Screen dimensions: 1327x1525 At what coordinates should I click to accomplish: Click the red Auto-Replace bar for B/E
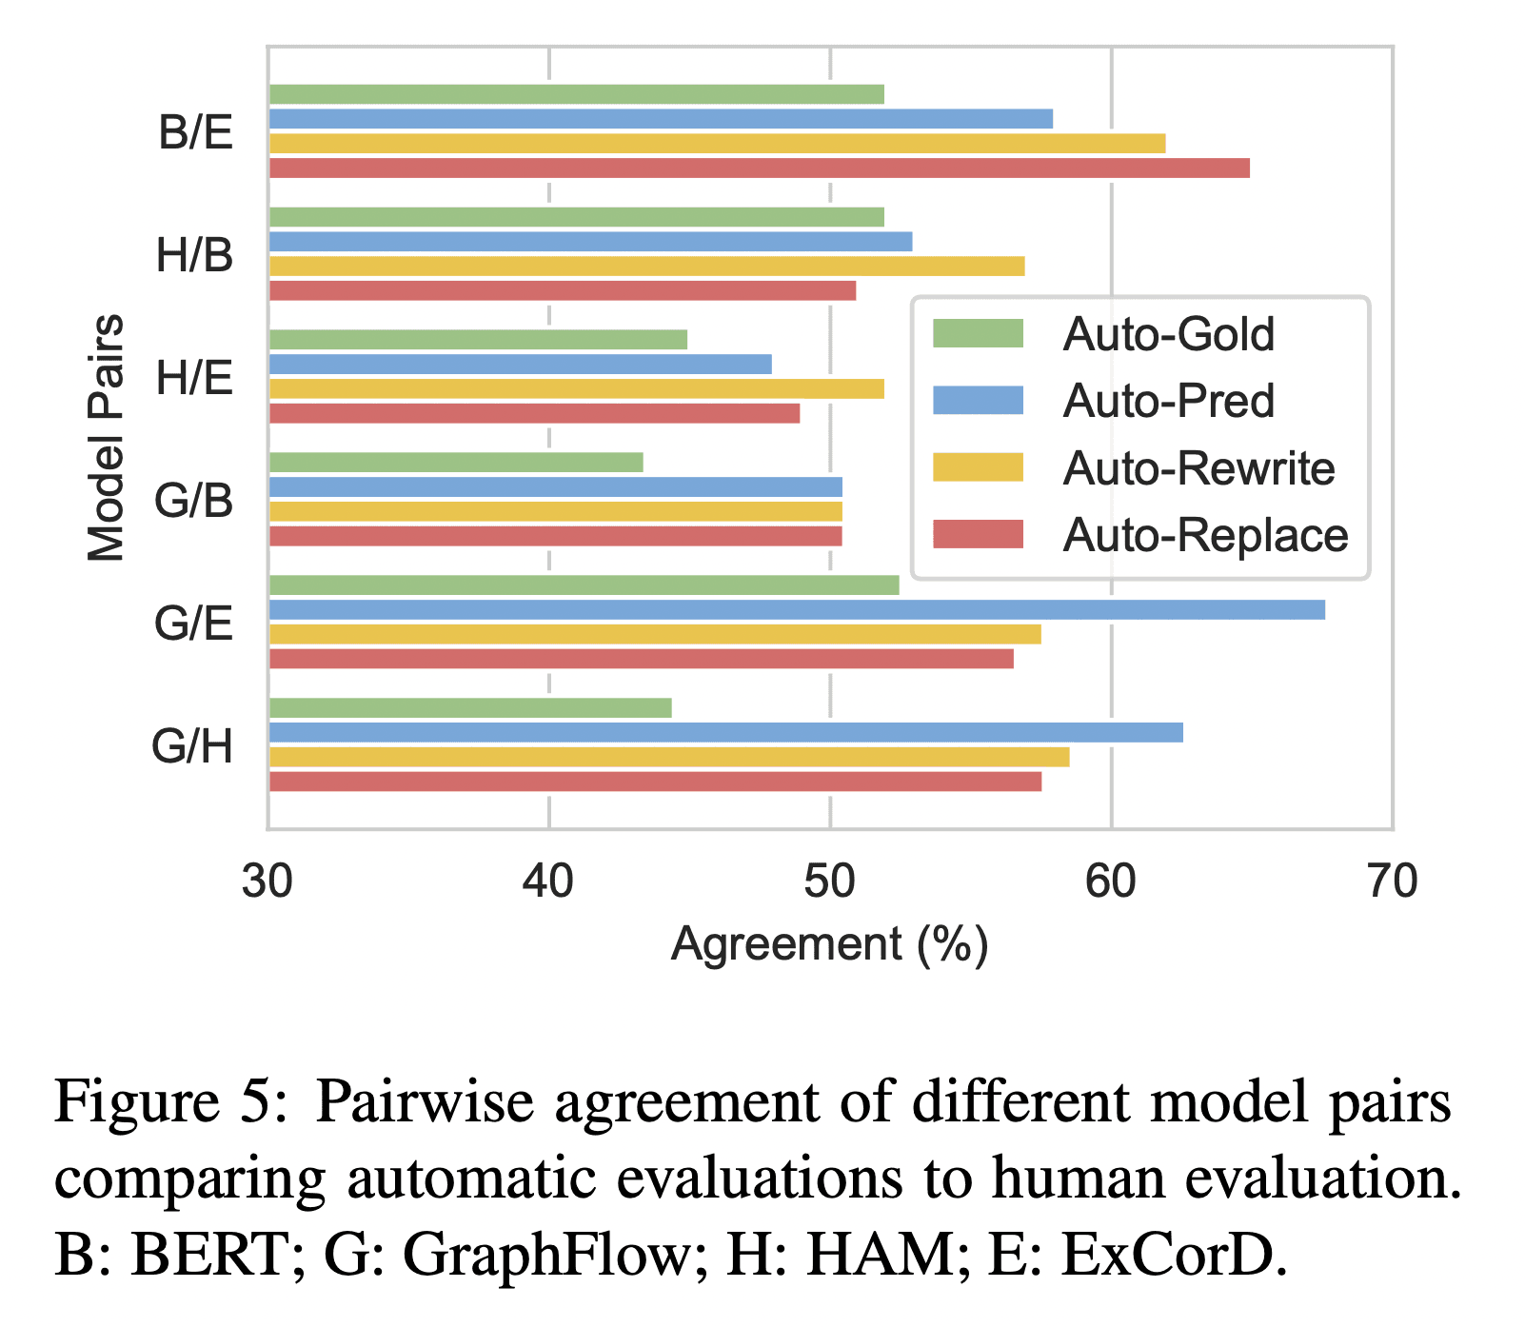(x=759, y=168)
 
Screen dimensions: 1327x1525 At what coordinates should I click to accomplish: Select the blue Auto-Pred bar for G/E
(x=796, y=610)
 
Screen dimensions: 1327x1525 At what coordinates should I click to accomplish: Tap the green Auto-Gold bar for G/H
(x=470, y=707)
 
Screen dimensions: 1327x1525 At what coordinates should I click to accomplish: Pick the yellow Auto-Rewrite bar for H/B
(x=646, y=267)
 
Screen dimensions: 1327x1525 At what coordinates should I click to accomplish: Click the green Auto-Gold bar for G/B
(x=456, y=463)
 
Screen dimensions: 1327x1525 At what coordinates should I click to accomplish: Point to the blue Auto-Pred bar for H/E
(x=520, y=365)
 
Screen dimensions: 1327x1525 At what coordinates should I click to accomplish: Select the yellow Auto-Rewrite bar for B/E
(x=717, y=144)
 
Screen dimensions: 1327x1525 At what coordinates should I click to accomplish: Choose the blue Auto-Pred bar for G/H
(x=725, y=732)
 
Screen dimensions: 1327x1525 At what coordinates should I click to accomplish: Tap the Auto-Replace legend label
(x=1205, y=535)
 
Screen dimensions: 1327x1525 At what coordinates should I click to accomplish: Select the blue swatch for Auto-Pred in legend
(x=978, y=401)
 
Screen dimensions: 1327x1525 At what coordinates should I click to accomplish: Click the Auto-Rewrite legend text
(x=1198, y=468)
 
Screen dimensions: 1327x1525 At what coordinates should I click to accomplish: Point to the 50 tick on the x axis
(x=829, y=882)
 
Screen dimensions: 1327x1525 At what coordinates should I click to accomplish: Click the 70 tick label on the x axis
(x=1391, y=882)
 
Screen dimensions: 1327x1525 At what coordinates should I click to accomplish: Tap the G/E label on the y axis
(x=194, y=624)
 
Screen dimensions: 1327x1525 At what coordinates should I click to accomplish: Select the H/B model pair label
(x=194, y=256)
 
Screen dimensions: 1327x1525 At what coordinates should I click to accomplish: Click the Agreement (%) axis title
(x=829, y=944)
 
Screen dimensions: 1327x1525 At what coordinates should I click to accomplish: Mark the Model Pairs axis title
(x=106, y=438)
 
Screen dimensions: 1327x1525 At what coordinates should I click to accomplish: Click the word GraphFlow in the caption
(x=547, y=1256)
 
